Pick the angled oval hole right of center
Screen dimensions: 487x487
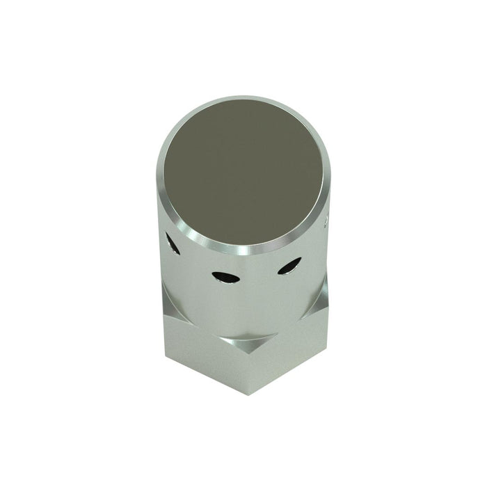(x=289, y=266)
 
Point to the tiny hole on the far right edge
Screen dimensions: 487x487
(x=326, y=221)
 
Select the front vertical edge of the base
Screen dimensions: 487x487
(x=248, y=369)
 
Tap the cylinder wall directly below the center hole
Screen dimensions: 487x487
(x=227, y=306)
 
